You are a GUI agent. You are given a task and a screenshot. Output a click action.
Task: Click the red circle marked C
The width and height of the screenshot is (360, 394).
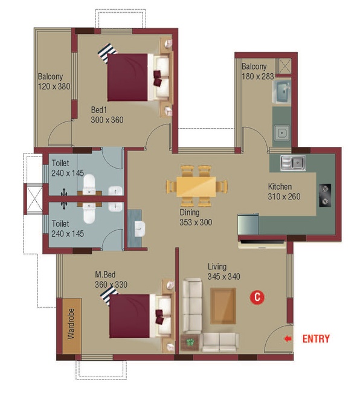[257, 297]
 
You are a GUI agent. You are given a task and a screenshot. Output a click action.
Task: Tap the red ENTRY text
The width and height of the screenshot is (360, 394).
[316, 339]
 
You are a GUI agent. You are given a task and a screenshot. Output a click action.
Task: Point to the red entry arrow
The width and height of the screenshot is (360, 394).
[288, 339]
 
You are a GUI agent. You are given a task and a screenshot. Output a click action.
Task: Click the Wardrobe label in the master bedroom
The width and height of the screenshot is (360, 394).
[71, 324]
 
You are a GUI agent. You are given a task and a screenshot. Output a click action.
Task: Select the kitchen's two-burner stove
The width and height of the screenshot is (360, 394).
[325, 196]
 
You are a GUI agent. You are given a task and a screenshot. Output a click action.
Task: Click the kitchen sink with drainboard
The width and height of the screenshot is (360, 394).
[293, 163]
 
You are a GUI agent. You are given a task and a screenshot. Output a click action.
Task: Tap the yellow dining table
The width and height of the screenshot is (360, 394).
[196, 187]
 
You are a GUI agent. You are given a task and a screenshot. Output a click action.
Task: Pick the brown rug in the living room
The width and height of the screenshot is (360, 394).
[223, 306]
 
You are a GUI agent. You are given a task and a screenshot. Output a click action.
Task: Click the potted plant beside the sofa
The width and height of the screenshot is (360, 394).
[190, 342]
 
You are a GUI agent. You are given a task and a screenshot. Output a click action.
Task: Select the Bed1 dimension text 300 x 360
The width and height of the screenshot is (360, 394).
[107, 120]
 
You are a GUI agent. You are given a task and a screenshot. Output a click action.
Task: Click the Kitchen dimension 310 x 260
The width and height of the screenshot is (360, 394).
[284, 196]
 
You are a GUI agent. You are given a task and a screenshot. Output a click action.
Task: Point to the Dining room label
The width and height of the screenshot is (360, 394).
[190, 213]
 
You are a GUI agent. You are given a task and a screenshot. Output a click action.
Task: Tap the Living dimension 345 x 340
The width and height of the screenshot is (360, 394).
[223, 277]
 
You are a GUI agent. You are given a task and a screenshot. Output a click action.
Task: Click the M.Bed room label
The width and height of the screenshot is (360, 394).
[105, 274]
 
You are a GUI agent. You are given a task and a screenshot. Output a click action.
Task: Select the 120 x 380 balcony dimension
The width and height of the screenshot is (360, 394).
[54, 86]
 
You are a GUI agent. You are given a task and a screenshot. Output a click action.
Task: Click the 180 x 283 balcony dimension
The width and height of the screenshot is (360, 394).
[257, 76]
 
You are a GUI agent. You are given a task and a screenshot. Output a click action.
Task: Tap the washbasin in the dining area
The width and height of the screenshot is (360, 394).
[140, 229]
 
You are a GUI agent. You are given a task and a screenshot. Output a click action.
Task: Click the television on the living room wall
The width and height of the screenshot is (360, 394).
[262, 242]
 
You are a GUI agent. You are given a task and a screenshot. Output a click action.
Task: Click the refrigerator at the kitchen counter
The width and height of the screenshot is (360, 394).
[248, 224]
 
